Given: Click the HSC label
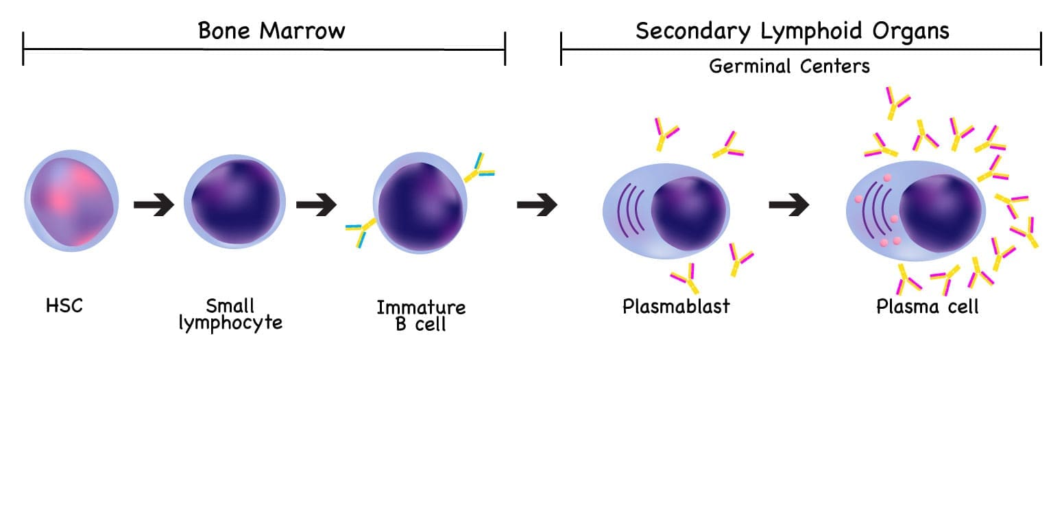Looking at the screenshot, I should pos(64,305).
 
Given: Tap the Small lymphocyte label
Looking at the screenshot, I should pos(230,314).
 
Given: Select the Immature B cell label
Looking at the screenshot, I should pos(421,316).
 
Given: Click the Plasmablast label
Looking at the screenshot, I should pos(676,306).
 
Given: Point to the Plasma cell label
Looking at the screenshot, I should pos(928,306).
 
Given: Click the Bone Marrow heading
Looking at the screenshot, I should pos(271,31).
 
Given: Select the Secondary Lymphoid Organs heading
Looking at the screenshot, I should pos(792,31).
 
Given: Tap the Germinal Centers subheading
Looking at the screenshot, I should pos(789,67).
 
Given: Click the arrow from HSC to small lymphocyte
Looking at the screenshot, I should pos(154,204).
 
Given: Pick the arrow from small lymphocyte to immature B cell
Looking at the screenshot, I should pos(316,204).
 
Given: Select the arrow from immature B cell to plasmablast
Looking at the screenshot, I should pos(537,204).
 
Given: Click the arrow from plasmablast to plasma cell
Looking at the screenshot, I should pos(788,204).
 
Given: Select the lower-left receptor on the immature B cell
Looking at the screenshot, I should pos(360,232).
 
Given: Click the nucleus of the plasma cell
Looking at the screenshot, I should pos(940,212).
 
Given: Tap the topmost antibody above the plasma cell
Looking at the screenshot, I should pos(895,102).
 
